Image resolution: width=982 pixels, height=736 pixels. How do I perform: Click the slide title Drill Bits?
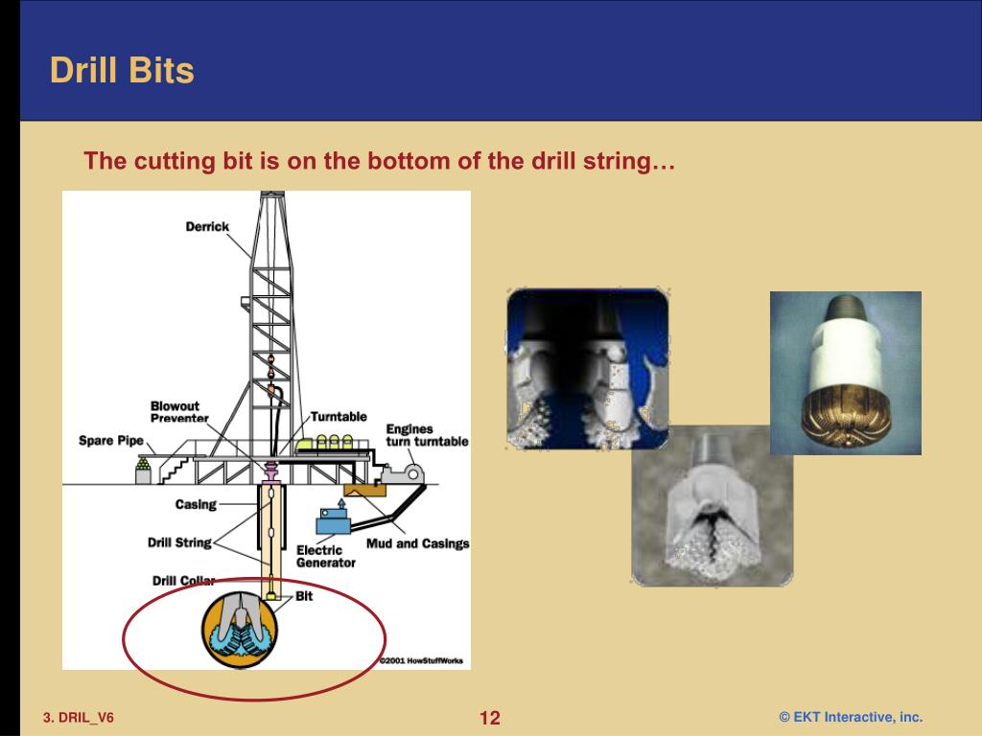click(122, 71)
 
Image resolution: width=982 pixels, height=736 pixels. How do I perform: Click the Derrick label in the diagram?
click(207, 227)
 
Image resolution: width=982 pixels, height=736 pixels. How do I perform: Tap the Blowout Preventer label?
click(179, 412)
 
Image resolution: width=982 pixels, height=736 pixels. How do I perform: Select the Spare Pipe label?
click(110, 441)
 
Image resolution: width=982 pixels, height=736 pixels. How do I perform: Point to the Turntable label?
click(339, 417)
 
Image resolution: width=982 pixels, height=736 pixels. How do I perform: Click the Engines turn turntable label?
click(427, 435)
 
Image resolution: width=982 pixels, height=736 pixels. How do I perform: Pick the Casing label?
click(196, 504)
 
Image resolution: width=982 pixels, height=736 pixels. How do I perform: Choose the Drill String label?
click(179, 542)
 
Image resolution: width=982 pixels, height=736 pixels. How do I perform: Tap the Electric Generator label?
click(325, 556)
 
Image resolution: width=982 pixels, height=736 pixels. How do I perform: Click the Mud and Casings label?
click(417, 543)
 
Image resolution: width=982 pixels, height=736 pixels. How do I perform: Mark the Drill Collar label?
click(183, 581)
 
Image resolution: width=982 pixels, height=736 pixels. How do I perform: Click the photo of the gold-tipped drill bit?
click(845, 373)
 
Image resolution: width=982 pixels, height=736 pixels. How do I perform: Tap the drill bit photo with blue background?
click(587, 369)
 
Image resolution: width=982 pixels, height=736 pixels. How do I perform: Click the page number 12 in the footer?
click(490, 718)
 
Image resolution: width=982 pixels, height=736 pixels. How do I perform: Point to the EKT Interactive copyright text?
click(851, 717)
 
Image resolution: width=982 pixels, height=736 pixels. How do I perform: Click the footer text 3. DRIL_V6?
click(78, 718)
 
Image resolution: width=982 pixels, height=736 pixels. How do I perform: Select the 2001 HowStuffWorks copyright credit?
click(419, 660)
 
